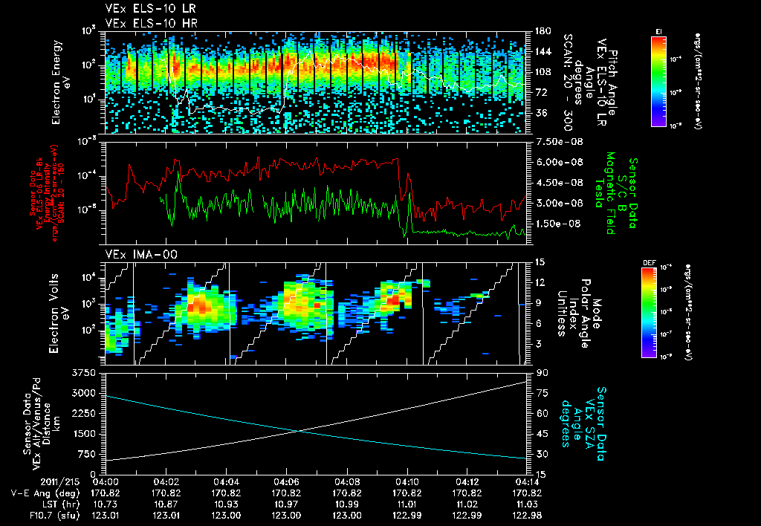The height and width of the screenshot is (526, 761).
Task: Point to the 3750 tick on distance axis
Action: [87, 372]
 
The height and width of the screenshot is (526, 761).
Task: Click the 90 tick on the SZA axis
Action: [540, 372]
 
